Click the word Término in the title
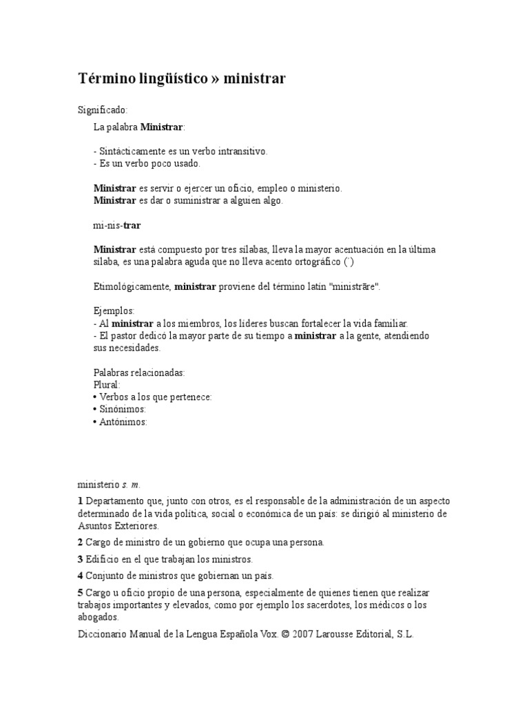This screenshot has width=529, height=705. coord(105,79)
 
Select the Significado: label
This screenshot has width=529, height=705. coord(102,110)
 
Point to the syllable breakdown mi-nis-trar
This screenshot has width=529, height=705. coord(117,225)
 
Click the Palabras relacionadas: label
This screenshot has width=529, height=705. coord(139,372)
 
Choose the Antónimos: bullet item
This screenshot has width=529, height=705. coord(122,422)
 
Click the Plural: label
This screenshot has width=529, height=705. coord(107,385)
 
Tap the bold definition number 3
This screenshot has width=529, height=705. coord(80,559)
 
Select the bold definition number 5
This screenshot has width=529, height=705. coord(80,593)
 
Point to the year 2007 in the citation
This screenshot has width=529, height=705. coord(305,635)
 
